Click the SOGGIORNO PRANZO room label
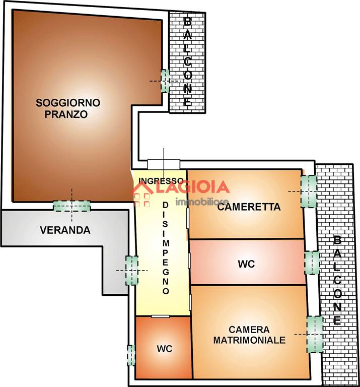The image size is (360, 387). (68, 108)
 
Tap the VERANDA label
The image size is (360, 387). (65, 230)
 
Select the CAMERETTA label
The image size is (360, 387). (249, 207)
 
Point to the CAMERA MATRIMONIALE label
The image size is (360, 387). (249, 335)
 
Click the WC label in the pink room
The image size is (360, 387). (246, 264)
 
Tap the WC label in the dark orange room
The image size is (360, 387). (165, 349)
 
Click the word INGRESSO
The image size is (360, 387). (161, 181)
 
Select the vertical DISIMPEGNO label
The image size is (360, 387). (166, 248)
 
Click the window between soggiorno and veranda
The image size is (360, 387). (72, 206)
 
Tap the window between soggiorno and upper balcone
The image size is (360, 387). (165, 81)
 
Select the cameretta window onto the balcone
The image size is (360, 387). (309, 191)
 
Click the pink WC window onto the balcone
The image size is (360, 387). (312, 263)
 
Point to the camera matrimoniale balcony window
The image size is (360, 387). (315, 334)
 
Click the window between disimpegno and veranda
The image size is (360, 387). (132, 270)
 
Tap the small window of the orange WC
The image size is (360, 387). (131, 355)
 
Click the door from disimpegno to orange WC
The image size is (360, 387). (160, 316)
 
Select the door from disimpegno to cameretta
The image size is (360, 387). (188, 218)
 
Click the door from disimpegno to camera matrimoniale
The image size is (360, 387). (190, 302)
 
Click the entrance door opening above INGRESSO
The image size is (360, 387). (164, 164)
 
